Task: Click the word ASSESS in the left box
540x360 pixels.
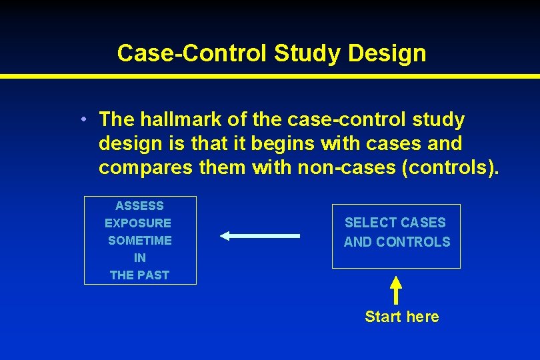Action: (139, 206)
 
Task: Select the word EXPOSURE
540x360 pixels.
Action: (138, 223)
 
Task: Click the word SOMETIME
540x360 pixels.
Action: (140, 241)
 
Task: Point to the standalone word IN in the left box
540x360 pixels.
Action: (140, 258)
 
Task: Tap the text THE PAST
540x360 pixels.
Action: (140, 275)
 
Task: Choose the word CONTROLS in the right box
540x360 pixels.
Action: (413, 242)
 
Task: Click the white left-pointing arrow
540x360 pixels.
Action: (260, 235)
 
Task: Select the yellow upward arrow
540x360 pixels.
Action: (396, 290)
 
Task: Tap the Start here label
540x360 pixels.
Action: (402, 317)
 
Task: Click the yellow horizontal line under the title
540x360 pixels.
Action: (270, 76)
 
